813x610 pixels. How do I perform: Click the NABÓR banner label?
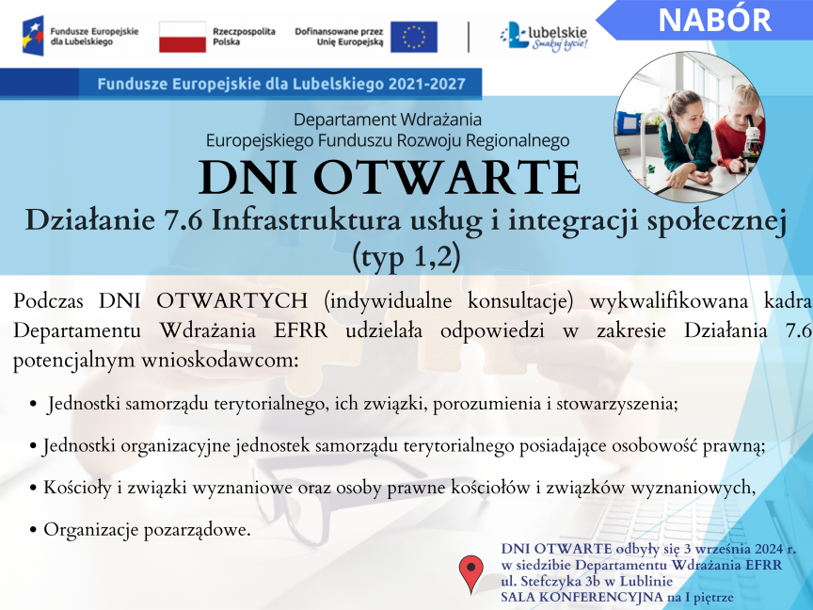pos(714,20)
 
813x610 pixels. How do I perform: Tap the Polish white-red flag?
pos(183,37)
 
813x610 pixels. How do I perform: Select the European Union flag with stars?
pos(414,37)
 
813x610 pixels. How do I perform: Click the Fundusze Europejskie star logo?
pos(33,36)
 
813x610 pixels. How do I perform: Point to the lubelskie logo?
pos(544,37)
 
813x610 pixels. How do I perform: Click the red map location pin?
pos(470,573)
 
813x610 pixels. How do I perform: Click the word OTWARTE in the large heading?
pos(447,177)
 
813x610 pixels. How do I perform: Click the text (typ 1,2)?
pos(406,256)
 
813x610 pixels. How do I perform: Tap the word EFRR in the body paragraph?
pos(301,330)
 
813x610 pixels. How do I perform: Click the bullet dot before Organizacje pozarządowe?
pos(33,530)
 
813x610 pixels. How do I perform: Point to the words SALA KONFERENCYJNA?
pos(582,597)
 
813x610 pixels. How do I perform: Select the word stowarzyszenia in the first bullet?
pos(617,404)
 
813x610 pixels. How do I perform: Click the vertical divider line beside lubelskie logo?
pos(469,37)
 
